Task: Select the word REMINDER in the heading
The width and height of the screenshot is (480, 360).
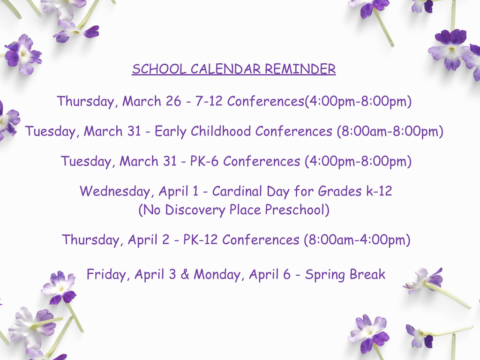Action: [x=300, y=69]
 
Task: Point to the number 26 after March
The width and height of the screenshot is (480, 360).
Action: [x=173, y=101]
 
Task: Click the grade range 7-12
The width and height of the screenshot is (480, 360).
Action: [x=209, y=101]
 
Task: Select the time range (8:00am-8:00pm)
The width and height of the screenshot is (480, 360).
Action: [x=390, y=132]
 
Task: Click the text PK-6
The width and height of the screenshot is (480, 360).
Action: [x=204, y=162]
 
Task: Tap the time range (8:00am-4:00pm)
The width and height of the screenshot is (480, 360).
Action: [x=357, y=240]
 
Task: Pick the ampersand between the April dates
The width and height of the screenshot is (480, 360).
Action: [x=185, y=275]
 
